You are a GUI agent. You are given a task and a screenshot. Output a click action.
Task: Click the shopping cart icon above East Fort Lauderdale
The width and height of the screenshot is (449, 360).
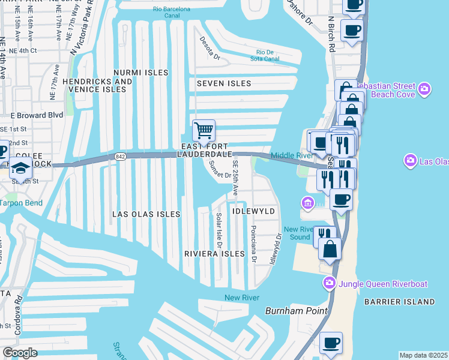click(x=203, y=131)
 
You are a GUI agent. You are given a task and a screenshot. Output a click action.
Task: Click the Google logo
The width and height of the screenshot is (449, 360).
click(x=20, y=353)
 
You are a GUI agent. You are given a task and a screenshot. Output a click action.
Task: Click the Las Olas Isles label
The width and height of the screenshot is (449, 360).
click(x=146, y=214)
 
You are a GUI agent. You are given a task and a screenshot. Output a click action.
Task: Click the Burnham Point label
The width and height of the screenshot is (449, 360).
click(x=297, y=311)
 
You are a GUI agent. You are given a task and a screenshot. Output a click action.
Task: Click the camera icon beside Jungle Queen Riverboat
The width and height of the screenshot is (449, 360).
click(x=330, y=283)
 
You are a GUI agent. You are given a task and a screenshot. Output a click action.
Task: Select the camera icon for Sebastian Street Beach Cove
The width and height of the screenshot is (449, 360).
click(x=425, y=90)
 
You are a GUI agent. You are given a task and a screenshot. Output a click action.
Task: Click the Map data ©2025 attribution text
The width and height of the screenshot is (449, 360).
click(x=423, y=355)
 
